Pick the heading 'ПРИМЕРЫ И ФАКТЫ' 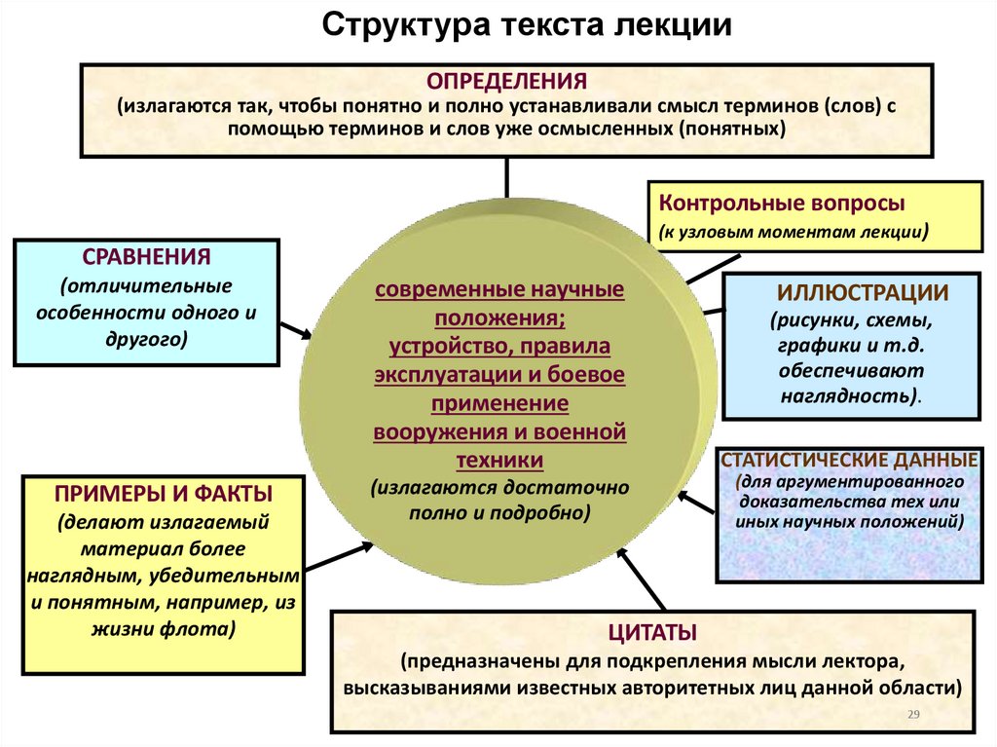pyautogui.click(x=164, y=492)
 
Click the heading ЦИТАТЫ pyautogui.click(x=651, y=632)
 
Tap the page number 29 pyautogui.click(x=913, y=716)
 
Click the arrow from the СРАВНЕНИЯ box pyautogui.click(x=296, y=330)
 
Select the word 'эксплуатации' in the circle pyautogui.click(x=434, y=374)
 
